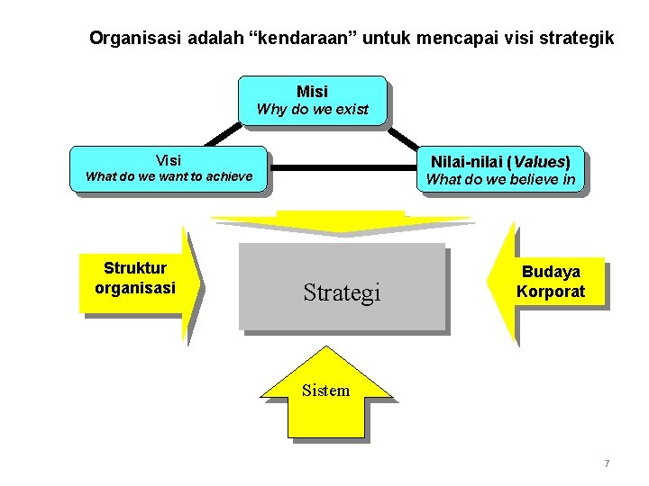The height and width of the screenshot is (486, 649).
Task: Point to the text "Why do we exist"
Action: pyautogui.click(x=312, y=110)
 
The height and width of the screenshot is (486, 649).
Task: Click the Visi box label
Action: pyautogui.click(x=169, y=160)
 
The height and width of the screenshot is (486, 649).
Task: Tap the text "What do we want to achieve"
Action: pyautogui.click(x=169, y=176)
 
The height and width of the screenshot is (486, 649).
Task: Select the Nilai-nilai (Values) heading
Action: pyautogui.click(x=500, y=162)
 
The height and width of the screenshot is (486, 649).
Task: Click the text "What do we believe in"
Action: pyautogui.click(x=500, y=179)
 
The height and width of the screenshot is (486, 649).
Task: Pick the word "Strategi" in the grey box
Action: pyautogui.click(x=342, y=292)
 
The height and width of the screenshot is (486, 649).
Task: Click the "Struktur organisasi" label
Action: pyautogui.click(x=135, y=278)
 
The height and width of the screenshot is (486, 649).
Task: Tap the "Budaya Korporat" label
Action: pyautogui.click(x=551, y=282)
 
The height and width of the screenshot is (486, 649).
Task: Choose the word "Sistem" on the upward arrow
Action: pyautogui.click(x=325, y=390)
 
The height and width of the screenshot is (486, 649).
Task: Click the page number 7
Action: pyautogui.click(x=607, y=463)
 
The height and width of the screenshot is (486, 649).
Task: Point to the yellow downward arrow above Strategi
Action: pyautogui.click(x=340, y=221)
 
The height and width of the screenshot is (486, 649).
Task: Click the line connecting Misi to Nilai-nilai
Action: pyautogui.click(x=404, y=136)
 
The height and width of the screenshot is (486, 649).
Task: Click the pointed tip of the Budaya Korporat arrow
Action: pyautogui.click(x=489, y=281)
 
